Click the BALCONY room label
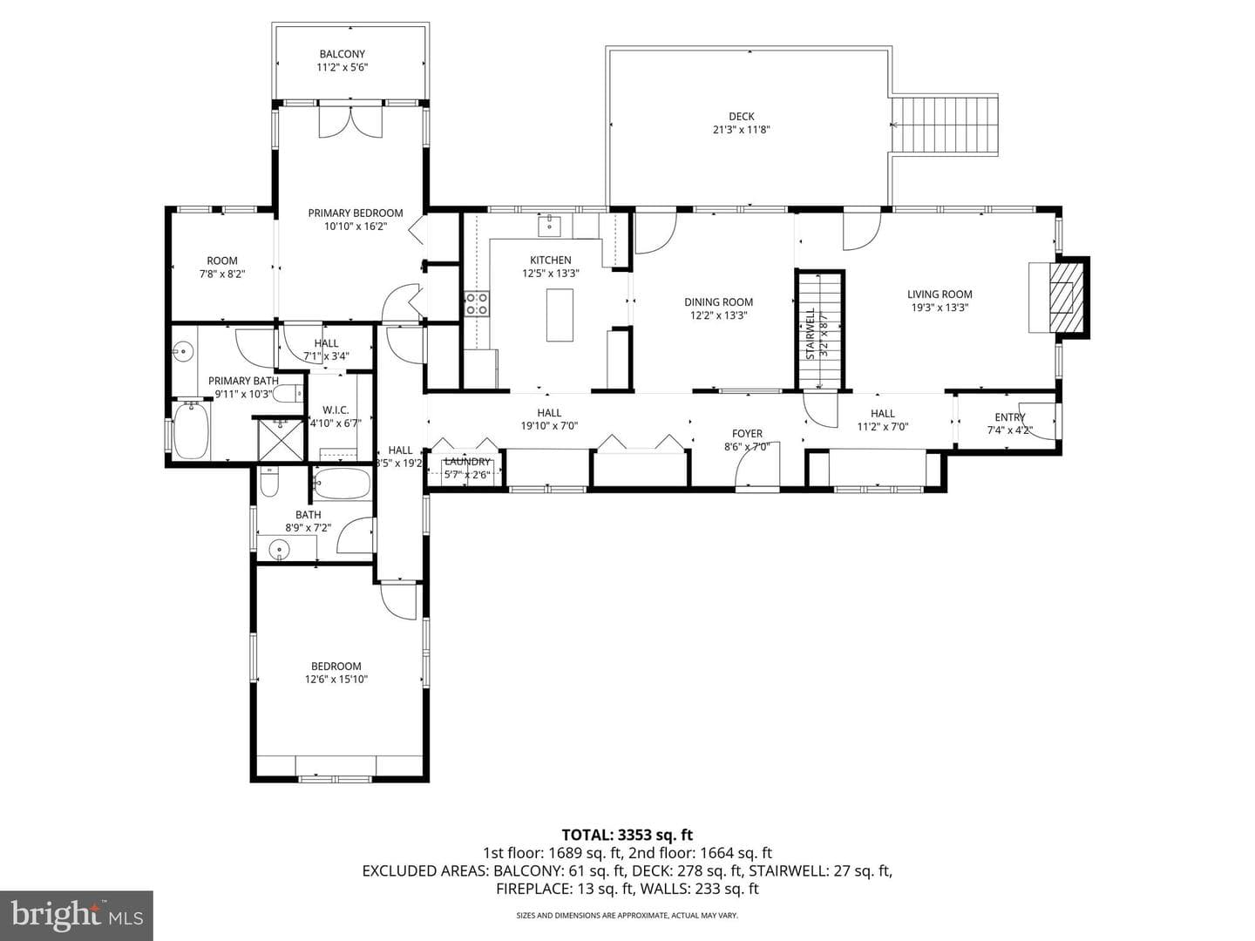coord(342,54)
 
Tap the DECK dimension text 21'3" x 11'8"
coord(741,130)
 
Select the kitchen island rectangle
coord(560,315)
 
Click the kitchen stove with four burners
coord(477,303)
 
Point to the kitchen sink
coord(549,226)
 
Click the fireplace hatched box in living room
coord(1066,297)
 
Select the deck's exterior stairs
coord(945,125)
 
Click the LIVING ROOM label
coord(940,294)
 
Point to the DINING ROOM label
coord(718,302)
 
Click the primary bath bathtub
coord(190,430)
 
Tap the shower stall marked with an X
coord(281,440)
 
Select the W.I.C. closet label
coord(336,410)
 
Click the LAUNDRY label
coord(467,462)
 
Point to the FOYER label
coord(747,434)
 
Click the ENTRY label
coord(1010,417)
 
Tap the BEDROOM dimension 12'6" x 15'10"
coord(336,680)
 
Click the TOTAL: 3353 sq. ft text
coord(627,835)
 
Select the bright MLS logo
coord(77,916)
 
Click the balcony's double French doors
coord(349,120)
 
